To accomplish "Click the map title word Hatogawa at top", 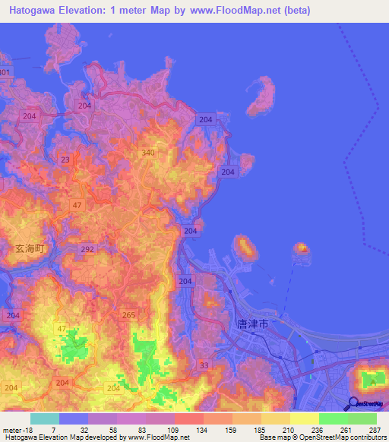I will (38, 11).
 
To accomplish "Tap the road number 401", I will (5, 72).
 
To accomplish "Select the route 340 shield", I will (148, 153).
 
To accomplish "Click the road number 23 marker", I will (65, 159).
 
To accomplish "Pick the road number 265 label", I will (128, 314).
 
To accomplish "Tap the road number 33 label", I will (203, 366).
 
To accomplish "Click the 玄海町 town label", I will (31, 248).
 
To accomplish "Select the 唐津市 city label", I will (253, 324).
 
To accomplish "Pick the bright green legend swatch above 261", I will (334, 418).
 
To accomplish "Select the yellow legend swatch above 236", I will (305, 418).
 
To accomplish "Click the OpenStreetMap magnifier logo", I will (354, 403).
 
